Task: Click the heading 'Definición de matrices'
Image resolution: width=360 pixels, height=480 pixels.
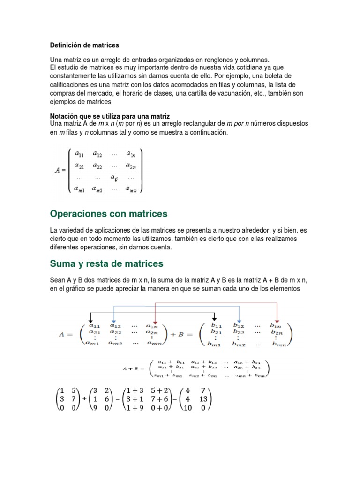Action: coord(84,45)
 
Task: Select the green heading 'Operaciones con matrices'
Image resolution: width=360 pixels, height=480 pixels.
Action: coord(108,214)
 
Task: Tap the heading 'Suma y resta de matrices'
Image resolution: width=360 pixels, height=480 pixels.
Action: coord(106,263)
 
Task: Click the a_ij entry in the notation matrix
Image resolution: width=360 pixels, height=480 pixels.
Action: coord(114,178)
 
